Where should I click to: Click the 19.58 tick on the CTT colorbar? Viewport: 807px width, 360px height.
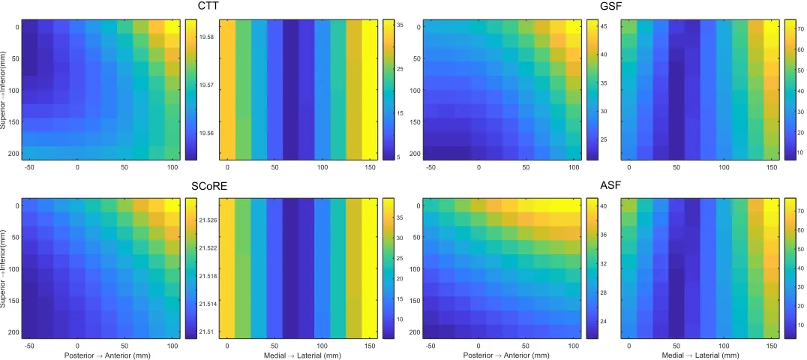(208, 37)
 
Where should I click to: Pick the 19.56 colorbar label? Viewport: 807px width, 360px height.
(208, 133)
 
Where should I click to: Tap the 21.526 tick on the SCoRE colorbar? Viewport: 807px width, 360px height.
(209, 220)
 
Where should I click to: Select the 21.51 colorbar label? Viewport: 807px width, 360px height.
(208, 331)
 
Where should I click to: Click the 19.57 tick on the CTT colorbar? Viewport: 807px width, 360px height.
(208, 85)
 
